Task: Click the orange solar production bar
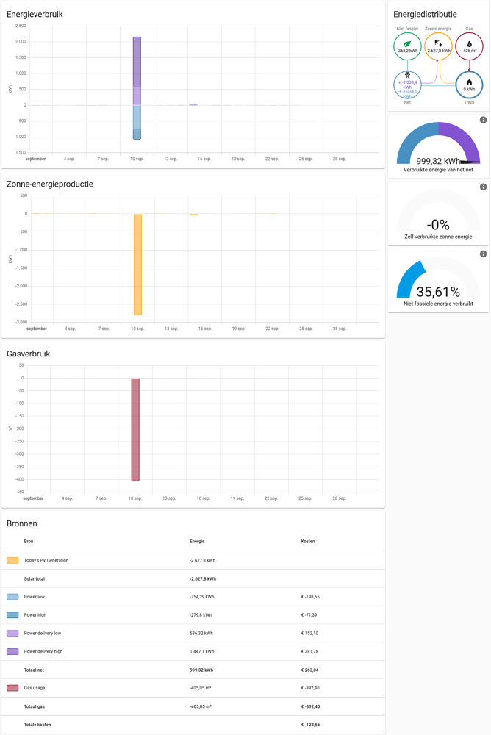tap(137, 265)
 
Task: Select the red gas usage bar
tap(135, 430)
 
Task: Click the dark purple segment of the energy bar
tap(137, 62)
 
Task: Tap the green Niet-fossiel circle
tap(407, 47)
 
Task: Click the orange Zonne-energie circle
tap(438, 47)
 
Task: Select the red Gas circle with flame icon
tap(469, 47)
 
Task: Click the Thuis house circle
tap(469, 85)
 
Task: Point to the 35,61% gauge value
tap(438, 292)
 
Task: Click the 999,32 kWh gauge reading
tap(438, 161)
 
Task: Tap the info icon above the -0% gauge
tap(483, 187)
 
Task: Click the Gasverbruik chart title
tap(29, 354)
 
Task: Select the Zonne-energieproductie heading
tap(50, 184)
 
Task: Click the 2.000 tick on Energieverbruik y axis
tap(21, 42)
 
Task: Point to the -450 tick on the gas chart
tap(18, 492)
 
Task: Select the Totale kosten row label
tap(37, 725)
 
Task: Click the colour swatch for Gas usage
tap(12, 688)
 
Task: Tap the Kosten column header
tap(308, 542)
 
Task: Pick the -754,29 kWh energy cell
tap(202, 597)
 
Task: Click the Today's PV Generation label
tap(46, 560)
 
